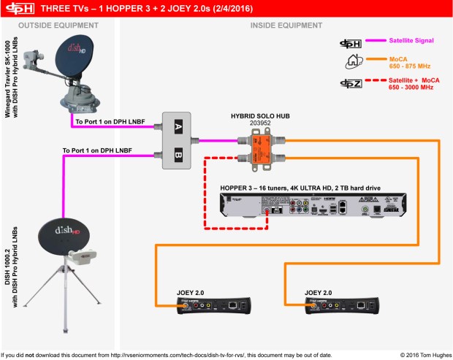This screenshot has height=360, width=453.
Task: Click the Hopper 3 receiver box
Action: click(313, 204)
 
